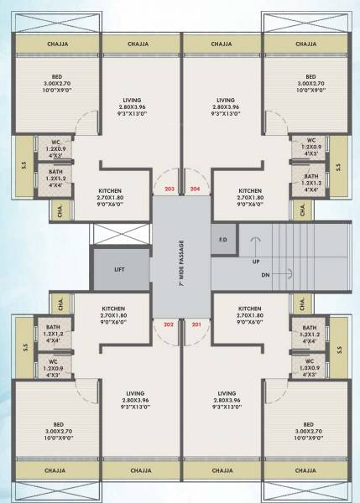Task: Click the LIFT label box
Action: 121,270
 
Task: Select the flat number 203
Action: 170,189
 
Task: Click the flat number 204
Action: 196,189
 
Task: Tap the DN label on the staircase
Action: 266,274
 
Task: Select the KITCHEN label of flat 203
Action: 113,189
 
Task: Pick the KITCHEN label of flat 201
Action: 249,308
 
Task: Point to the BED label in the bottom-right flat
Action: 310,424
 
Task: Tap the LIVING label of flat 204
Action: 226,100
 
